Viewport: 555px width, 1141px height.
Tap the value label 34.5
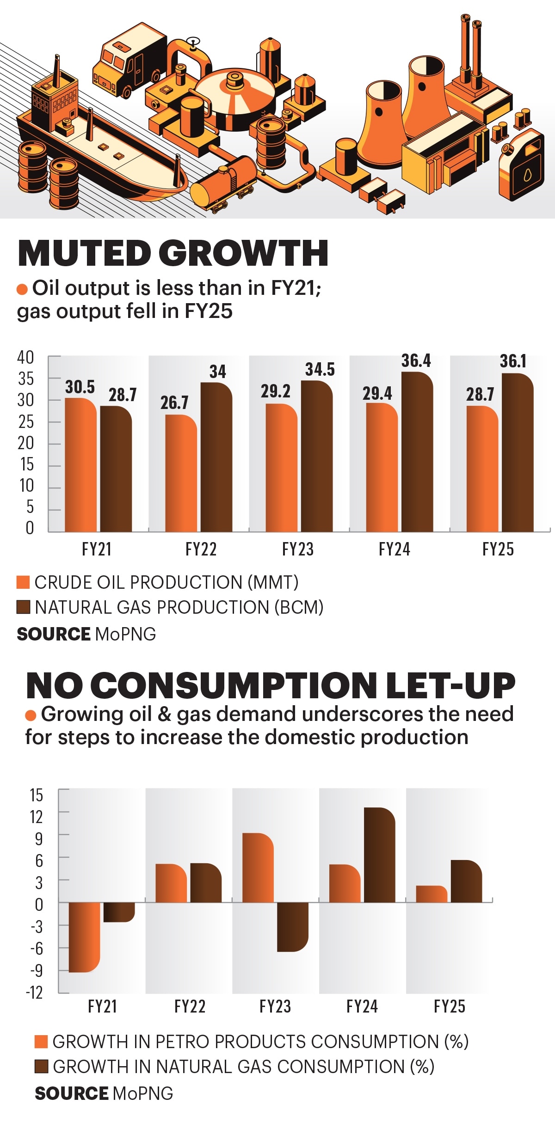(x=320, y=369)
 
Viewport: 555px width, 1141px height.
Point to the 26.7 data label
(x=174, y=403)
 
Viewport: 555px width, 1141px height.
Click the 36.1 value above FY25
(x=513, y=361)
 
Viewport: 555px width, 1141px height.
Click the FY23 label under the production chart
(x=298, y=549)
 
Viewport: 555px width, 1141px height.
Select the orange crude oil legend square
(x=23, y=582)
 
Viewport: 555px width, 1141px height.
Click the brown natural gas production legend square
(x=23, y=607)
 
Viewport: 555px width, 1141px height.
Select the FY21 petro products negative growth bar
(x=84, y=937)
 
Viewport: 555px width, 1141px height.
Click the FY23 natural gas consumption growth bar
(x=292, y=926)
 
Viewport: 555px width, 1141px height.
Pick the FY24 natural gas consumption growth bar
(x=379, y=855)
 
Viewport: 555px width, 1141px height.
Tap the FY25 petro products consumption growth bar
(x=431, y=894)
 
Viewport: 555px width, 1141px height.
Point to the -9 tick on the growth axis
(x=36, y=970)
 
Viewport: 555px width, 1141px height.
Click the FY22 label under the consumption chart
(x=190, y=1006)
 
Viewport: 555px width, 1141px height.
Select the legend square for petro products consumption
(x=41, y=1041)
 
